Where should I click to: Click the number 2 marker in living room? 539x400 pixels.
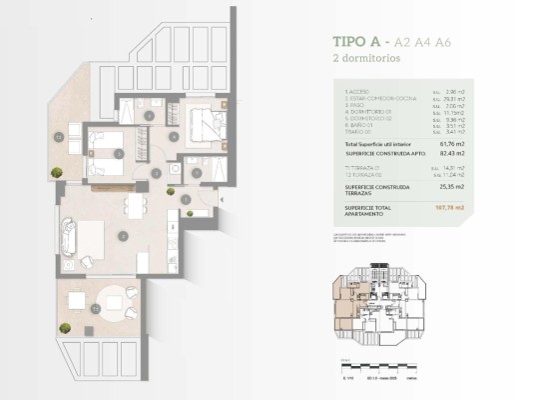[x=121, y=236]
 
